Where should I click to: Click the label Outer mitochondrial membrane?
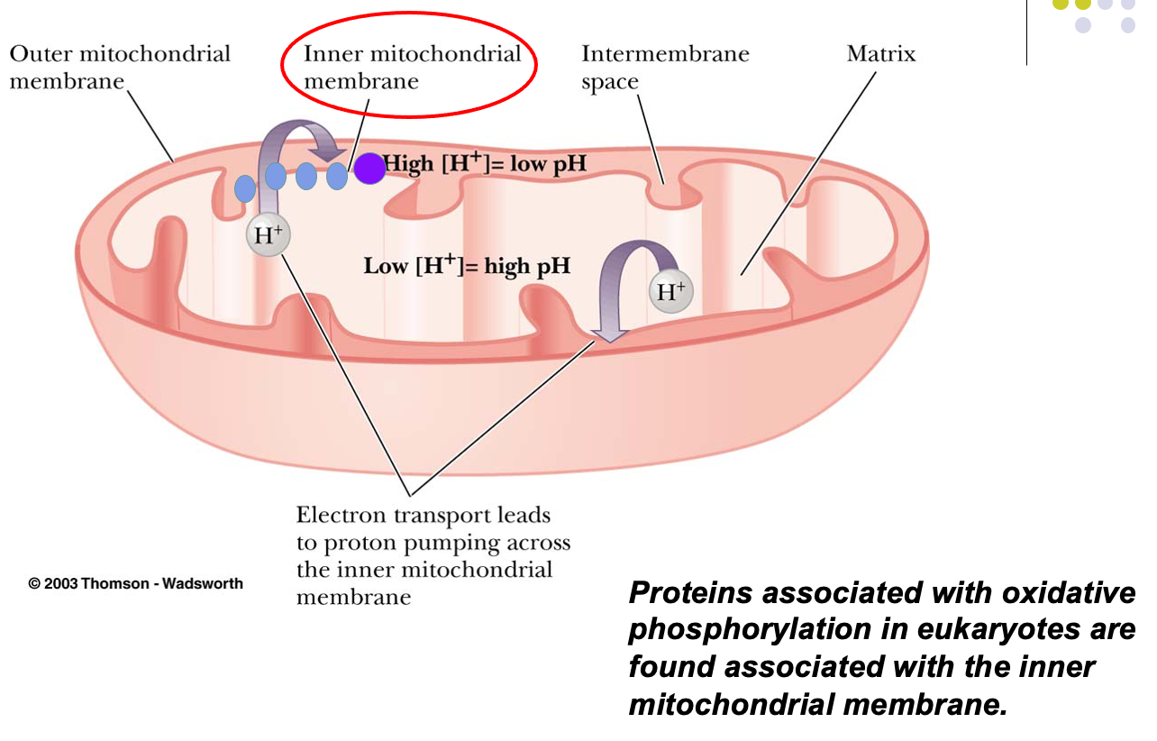[119, 67]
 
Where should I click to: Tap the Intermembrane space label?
[665, 67]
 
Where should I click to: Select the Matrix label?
[880, 54]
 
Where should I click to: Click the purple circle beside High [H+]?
[369, 168]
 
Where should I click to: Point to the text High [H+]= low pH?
[485, 166]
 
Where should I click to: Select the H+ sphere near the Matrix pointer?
[670, 291]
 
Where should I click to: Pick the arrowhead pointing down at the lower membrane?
[610, 334]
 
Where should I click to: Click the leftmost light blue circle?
[245, 188]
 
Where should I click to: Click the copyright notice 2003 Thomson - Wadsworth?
[136, 583]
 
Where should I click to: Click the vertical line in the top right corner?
[1026, 32]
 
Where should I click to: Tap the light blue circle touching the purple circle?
[337, 176]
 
